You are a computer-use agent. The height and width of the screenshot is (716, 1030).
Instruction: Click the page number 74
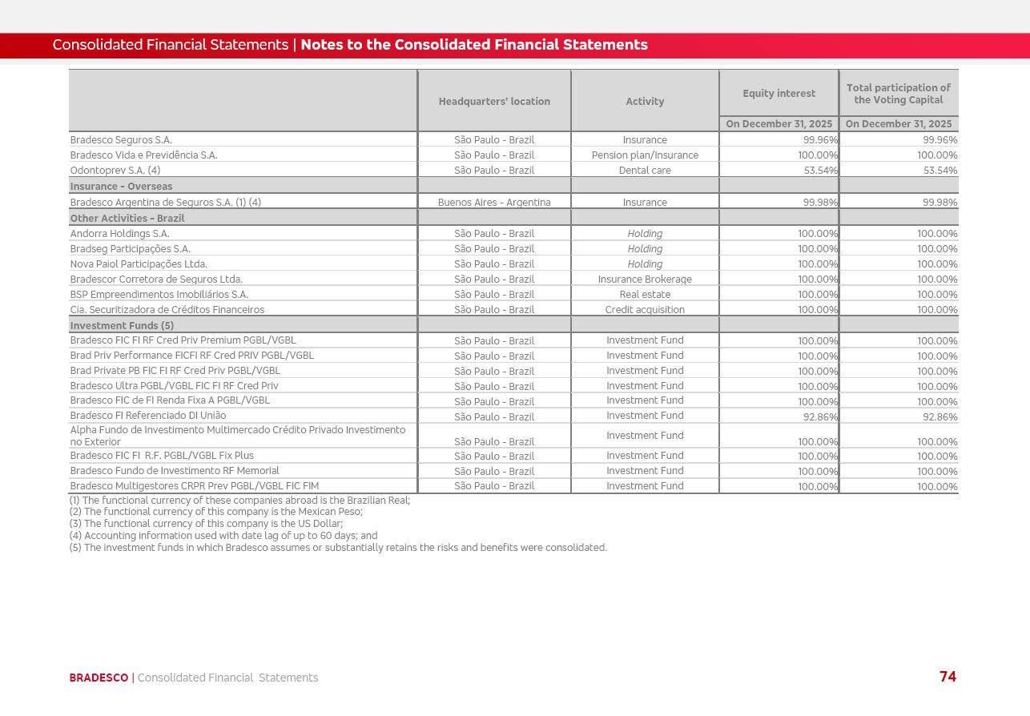(948, 677)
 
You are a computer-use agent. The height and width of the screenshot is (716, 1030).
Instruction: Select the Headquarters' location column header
(494, 102)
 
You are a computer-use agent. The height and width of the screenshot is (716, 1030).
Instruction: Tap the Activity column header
(645, 102)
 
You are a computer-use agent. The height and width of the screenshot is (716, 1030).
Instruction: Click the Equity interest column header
(779, 94)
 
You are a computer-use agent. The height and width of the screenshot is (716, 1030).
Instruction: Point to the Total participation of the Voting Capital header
(898, 94)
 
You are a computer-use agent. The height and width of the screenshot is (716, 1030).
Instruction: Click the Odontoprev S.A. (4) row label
(115, 171)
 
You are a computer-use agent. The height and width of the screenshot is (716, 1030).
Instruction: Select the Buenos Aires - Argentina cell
(494, 203)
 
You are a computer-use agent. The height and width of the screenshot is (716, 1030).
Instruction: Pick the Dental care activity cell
(645, 171)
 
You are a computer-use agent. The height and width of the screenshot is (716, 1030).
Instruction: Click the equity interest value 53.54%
(820, 171)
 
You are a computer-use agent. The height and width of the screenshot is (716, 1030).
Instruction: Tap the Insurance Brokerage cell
(645, 280)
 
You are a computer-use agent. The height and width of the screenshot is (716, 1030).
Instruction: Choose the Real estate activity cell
(645, 295)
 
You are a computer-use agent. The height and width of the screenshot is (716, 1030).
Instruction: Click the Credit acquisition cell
(645, 310)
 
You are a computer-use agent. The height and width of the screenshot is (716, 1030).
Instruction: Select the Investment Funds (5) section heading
(122, 326)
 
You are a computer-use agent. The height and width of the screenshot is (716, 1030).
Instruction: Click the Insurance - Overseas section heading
(121, 187)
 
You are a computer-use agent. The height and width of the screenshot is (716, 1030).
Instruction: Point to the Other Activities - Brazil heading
(127, 219)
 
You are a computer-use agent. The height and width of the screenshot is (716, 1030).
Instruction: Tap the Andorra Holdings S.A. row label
(119, 234)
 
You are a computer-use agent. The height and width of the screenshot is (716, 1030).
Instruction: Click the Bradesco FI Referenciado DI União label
(148, 416)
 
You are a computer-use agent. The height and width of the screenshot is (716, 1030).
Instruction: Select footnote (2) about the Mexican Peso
(215, 512)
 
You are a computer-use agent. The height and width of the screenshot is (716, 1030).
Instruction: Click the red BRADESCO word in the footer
(99, 678)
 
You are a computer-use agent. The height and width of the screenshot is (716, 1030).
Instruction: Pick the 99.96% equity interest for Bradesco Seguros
(820, 140)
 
